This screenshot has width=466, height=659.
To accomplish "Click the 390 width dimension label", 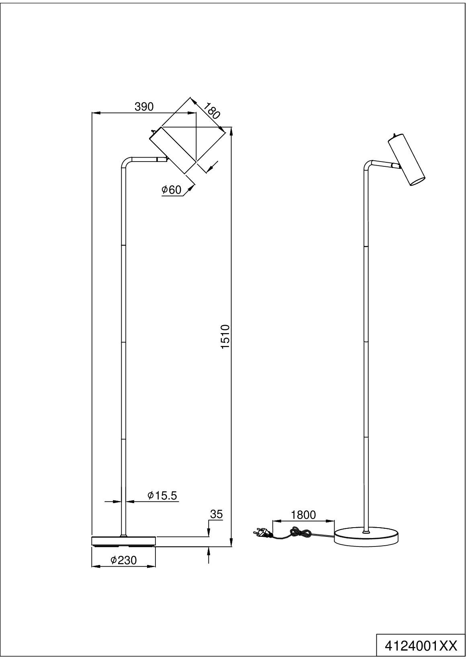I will pos(144,106).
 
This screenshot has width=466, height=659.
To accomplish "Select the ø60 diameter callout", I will pos(171,190).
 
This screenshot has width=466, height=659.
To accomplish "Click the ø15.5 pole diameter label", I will pos(162,495).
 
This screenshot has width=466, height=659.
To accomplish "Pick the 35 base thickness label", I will pos(216,514).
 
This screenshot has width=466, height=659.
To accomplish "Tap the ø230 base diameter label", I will pos(123,560).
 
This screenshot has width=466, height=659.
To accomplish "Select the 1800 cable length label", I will pos(303,515).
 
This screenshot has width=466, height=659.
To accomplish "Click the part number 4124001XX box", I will pos(421,646).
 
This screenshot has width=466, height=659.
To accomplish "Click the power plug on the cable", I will pos(260,533).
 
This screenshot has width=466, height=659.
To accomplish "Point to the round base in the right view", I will pos(366,537).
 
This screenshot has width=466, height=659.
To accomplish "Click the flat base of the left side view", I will pos(123,541).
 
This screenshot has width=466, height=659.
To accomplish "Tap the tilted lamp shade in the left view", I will pos(173,150).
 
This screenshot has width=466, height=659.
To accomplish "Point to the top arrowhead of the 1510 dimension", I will pos(231,131).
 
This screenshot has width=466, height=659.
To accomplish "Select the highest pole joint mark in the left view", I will pos(123,244).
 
